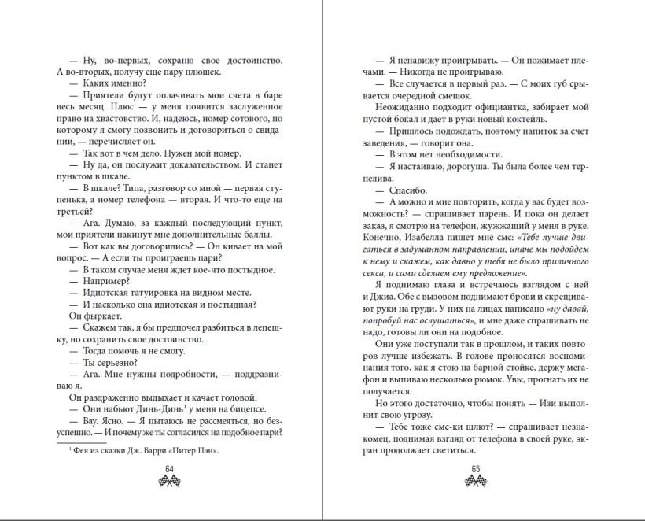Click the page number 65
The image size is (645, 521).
click(x=476, y=470)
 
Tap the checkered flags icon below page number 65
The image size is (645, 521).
click(x=476, y=481)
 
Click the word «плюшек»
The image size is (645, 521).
click(x=168, y=72)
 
